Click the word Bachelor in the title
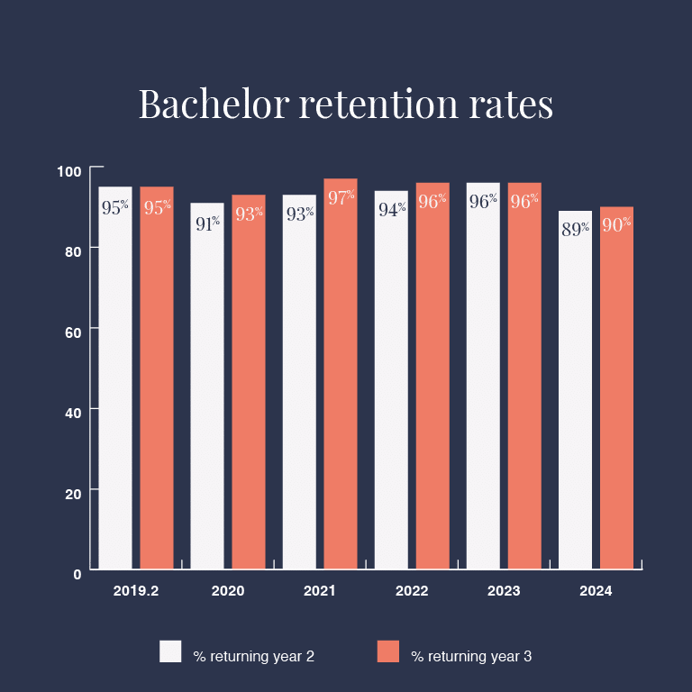point(213,105)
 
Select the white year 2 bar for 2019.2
point(115,378)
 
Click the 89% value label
point(575,229)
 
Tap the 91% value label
point(207,223)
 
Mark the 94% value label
point(391,210)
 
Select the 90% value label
point(616,225)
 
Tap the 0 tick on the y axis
point(77,573)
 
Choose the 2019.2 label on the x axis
point(136,592)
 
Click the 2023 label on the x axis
point(504,592)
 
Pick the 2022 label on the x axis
point(412,592)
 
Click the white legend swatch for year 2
point(170,651)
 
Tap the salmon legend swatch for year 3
point(387,651)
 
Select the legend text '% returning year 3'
point(471,657)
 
